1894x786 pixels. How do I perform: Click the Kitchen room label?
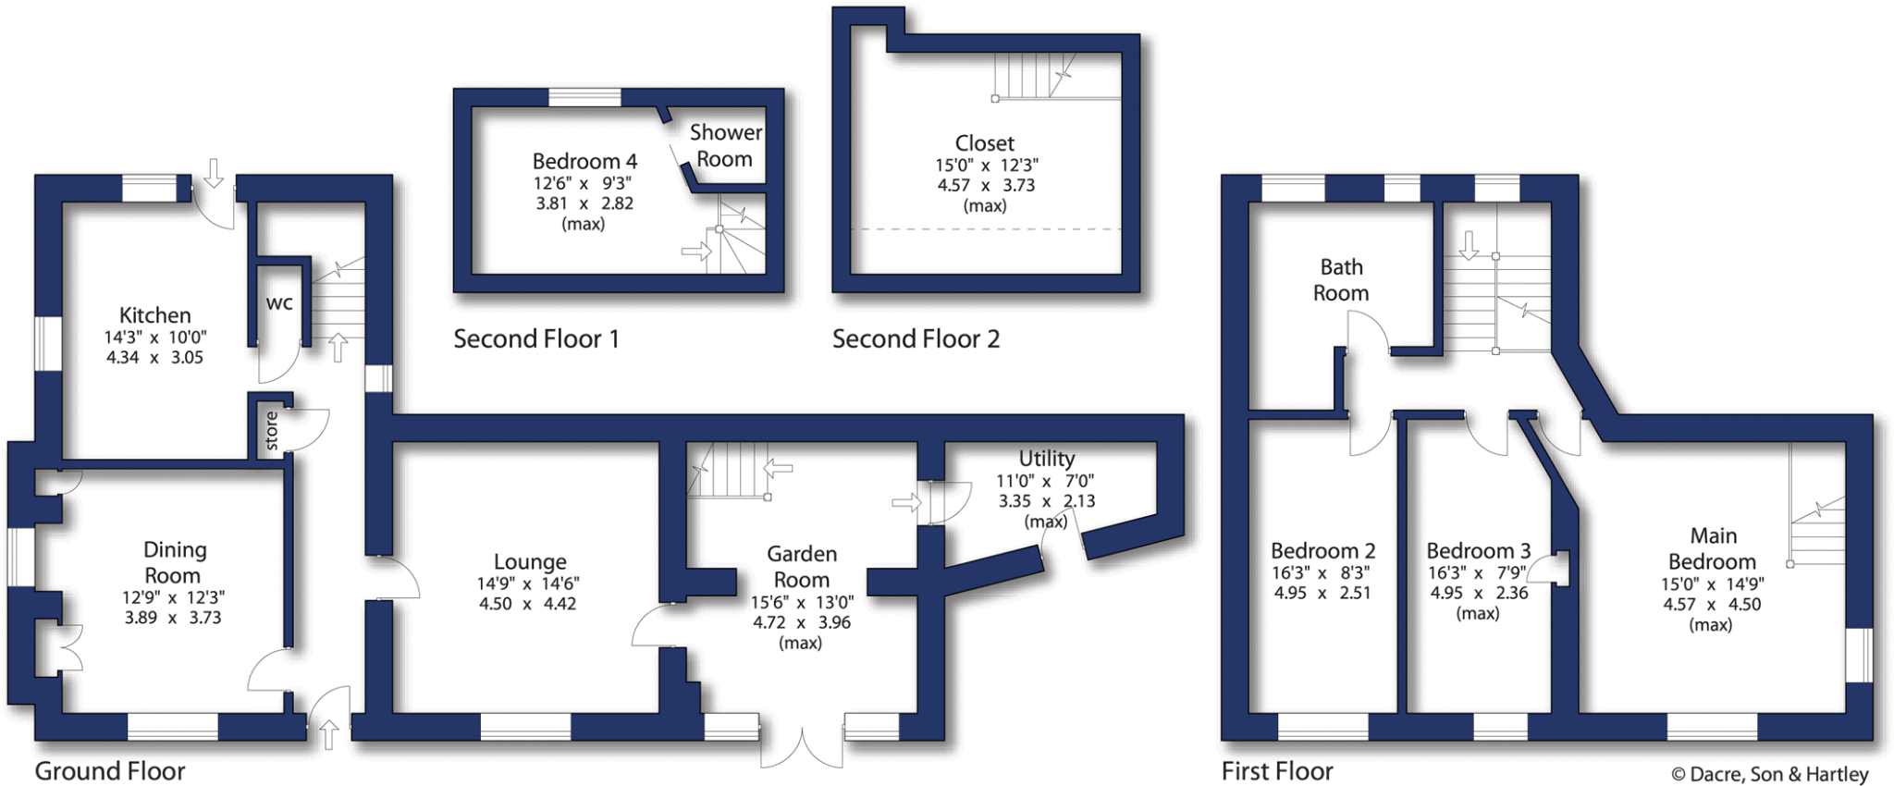tap(154, 315)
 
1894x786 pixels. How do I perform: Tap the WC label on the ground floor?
tap(279, 302)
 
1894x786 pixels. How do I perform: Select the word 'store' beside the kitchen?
tap(271, 431)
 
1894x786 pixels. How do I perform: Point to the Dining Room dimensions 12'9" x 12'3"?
tap(173, 597)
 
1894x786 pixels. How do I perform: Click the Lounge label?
tap(529, 561)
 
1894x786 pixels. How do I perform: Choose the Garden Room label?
tap(802, 566)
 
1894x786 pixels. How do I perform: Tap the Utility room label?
tap(1046, 459)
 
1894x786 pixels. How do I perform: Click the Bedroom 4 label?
tap(584, 162)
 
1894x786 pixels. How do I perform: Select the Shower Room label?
tap(725, 146)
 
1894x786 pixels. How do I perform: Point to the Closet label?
tap(984, 143)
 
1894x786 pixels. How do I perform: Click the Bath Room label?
tap(1341, 280)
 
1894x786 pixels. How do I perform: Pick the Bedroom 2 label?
tap(1322, 551)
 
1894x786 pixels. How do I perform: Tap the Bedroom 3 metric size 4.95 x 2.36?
tap(1479, 593)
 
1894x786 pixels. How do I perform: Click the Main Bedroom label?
tap(1713, 548)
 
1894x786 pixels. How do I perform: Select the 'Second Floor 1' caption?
tap(535, 339)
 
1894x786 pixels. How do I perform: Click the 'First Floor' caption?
tap(1276, 771)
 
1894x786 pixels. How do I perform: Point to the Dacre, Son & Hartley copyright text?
tap(1769, 774)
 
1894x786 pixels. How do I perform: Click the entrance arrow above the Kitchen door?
tap(214, 172)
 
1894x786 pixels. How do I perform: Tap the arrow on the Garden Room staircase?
tap(779, 468)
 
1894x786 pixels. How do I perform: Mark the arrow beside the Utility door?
tap(906, 502)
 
